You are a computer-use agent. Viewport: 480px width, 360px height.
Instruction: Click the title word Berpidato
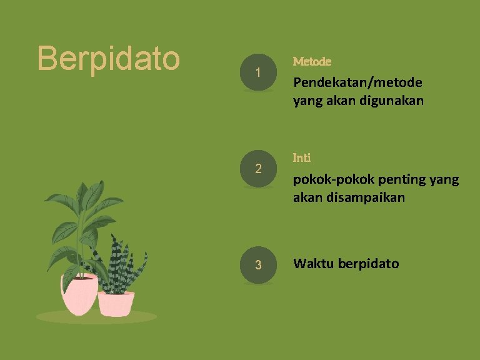(109, 58)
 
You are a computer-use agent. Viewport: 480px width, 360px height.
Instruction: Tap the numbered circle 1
(258, 73)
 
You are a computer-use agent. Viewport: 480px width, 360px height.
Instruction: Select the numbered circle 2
(258, 169)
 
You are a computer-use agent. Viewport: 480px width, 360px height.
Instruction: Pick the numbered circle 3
(258, 264)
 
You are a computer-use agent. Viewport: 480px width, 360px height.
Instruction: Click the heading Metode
(312, 61)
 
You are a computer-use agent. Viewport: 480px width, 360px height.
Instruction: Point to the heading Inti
(302, 157)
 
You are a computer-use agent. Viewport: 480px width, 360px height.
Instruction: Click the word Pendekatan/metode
(358, 82)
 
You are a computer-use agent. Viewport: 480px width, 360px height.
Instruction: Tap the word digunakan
(392, 100)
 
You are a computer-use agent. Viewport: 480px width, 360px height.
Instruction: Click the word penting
(397, 180)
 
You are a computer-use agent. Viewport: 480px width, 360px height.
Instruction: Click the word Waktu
(313, 264)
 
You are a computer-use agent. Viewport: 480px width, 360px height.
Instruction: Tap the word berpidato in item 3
(368, 264)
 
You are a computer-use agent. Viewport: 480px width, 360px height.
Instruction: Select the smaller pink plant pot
(116, 304)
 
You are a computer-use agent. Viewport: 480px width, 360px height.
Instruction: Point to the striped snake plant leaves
(119, 262)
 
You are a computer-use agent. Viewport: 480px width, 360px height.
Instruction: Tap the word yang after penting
(444, 180)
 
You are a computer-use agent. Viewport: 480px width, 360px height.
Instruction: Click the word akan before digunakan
(339, 100)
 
